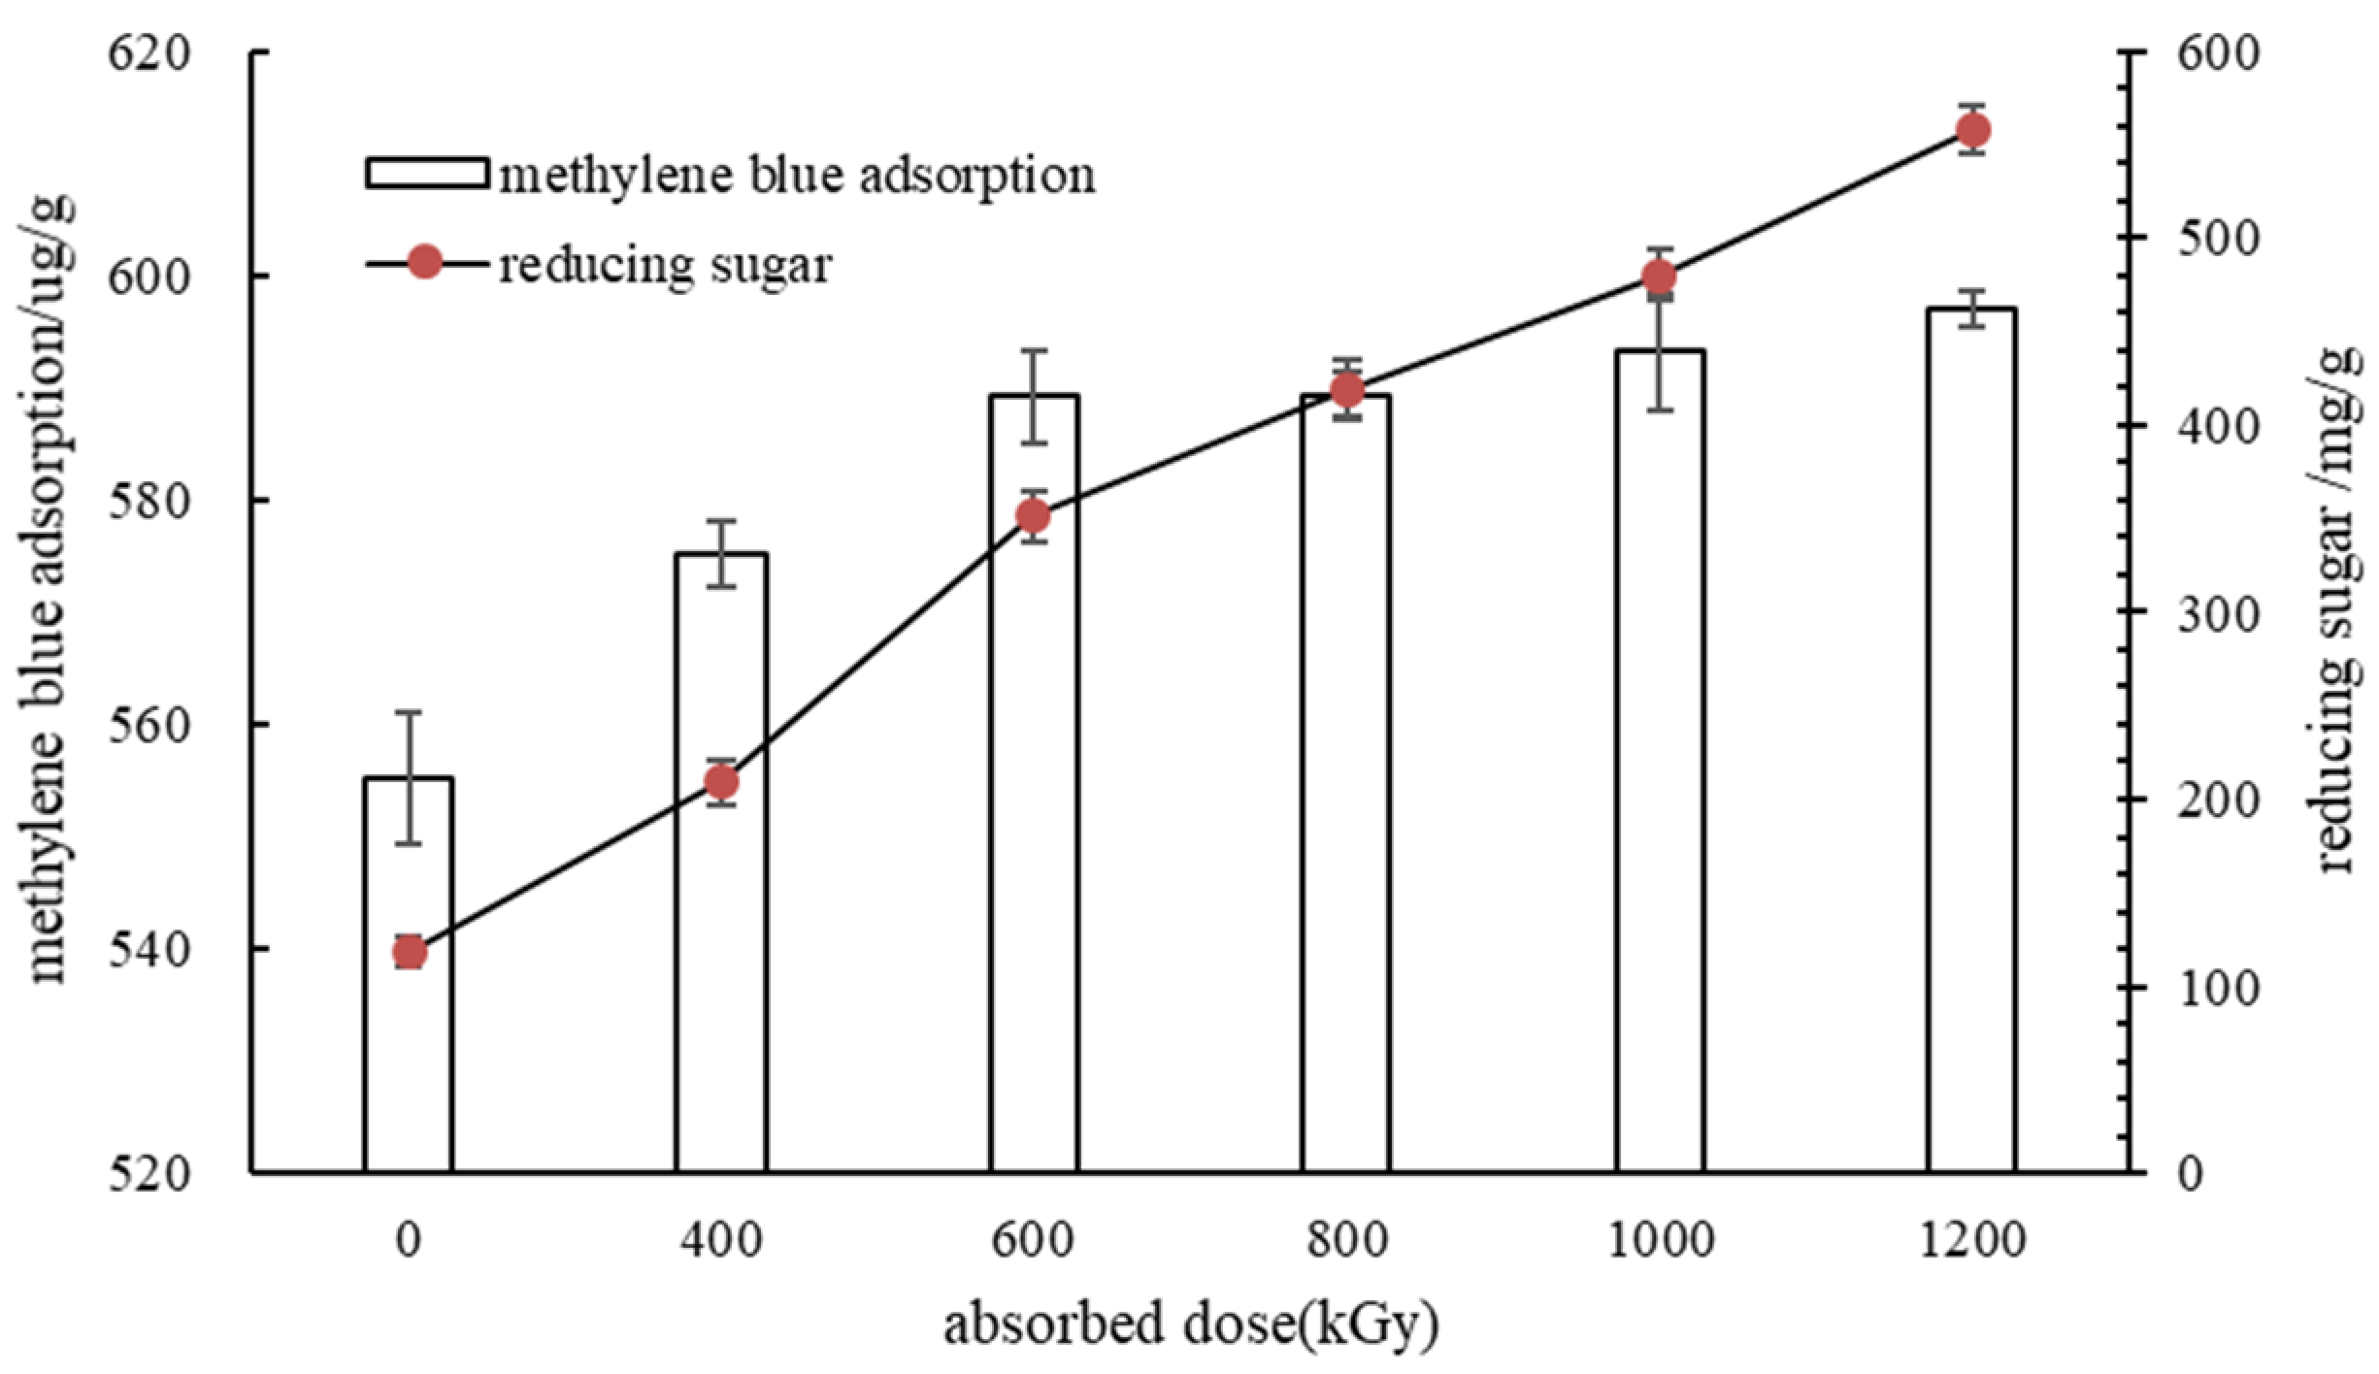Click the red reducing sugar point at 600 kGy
tap(1034, 515)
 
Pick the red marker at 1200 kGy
tap(1973, 129)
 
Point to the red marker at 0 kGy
tap(410, 953)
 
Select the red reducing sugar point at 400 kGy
tap(721, 782)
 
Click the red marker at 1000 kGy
tap(1660, 278)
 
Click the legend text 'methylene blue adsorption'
tap(797, 176)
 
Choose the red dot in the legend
tap(425, 262)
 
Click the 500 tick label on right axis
tap(2219, 239)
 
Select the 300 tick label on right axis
tap(2219, 612)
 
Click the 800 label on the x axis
tap(1346, 1240)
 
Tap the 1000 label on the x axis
tap(1660, 1240)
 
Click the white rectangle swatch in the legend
tap(426, 174)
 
